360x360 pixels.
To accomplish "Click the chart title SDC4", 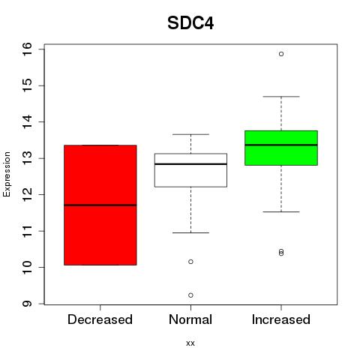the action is [190, 23].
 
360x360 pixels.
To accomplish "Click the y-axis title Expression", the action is [7, 174].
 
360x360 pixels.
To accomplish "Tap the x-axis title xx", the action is [190, 343].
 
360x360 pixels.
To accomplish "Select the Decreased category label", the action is [100, 319].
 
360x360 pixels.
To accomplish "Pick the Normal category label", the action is [190, 319].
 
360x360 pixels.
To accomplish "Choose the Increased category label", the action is [281, 319].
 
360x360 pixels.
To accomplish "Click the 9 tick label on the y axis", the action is [27, 304].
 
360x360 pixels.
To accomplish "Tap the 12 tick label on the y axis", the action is [27, 195].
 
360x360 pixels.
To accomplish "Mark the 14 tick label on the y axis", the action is [27, 122].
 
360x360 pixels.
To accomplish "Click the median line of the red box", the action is [100, 205].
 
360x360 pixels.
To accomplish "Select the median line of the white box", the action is [190, 164].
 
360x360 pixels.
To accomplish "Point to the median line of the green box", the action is [281, 145].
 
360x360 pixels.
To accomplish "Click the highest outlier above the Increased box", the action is [281, 54].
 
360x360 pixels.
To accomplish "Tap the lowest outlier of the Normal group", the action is [190, 295].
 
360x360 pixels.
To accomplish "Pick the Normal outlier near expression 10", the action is [190, 262].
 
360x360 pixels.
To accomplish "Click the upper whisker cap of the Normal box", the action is [190, 134].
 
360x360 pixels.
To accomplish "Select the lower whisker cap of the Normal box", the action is [190, 232].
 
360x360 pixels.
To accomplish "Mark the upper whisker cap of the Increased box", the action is [281, 97].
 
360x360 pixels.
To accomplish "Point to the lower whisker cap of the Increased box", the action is [281, 211].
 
